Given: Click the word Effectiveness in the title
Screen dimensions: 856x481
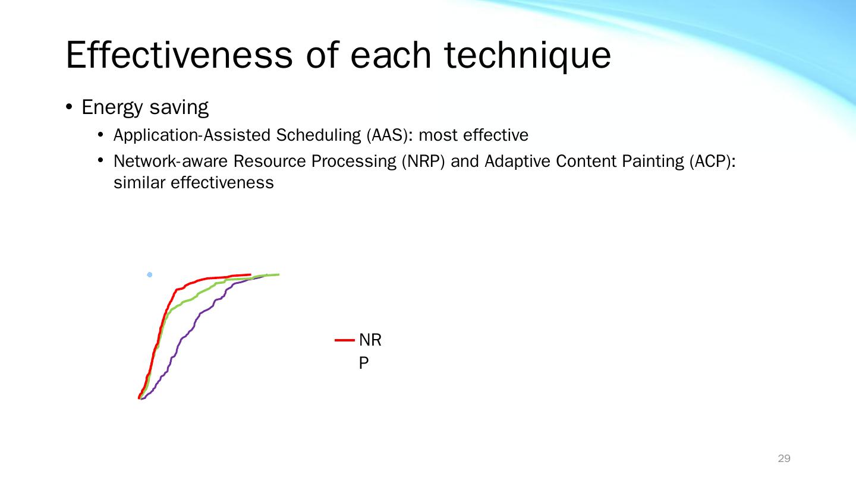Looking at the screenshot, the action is coord(180,55).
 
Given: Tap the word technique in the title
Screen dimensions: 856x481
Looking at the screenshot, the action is coord(528,56).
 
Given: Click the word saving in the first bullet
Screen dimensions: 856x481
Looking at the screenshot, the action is coord(180,107).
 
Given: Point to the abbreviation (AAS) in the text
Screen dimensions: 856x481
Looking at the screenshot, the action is coord(389,135).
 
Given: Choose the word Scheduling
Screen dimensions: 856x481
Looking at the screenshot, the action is coord(319,135).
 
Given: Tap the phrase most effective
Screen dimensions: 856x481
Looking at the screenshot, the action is coord(473,135).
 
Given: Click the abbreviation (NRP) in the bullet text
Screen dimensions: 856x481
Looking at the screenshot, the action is coord(423,161).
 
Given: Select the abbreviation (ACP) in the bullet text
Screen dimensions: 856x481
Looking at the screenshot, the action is coord(713,161).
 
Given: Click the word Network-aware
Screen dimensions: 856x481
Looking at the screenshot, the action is coord(171,161).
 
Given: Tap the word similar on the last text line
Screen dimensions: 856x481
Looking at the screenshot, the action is coord(139,182).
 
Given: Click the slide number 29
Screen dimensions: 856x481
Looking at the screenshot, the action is coord(784,458).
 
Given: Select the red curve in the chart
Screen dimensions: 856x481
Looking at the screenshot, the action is coord(160,331).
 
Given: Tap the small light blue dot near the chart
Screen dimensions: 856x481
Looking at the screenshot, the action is coord(150,274).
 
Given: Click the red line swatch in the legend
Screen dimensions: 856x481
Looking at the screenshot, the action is coord(345,340).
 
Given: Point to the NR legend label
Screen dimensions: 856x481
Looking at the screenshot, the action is coord(370,340).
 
